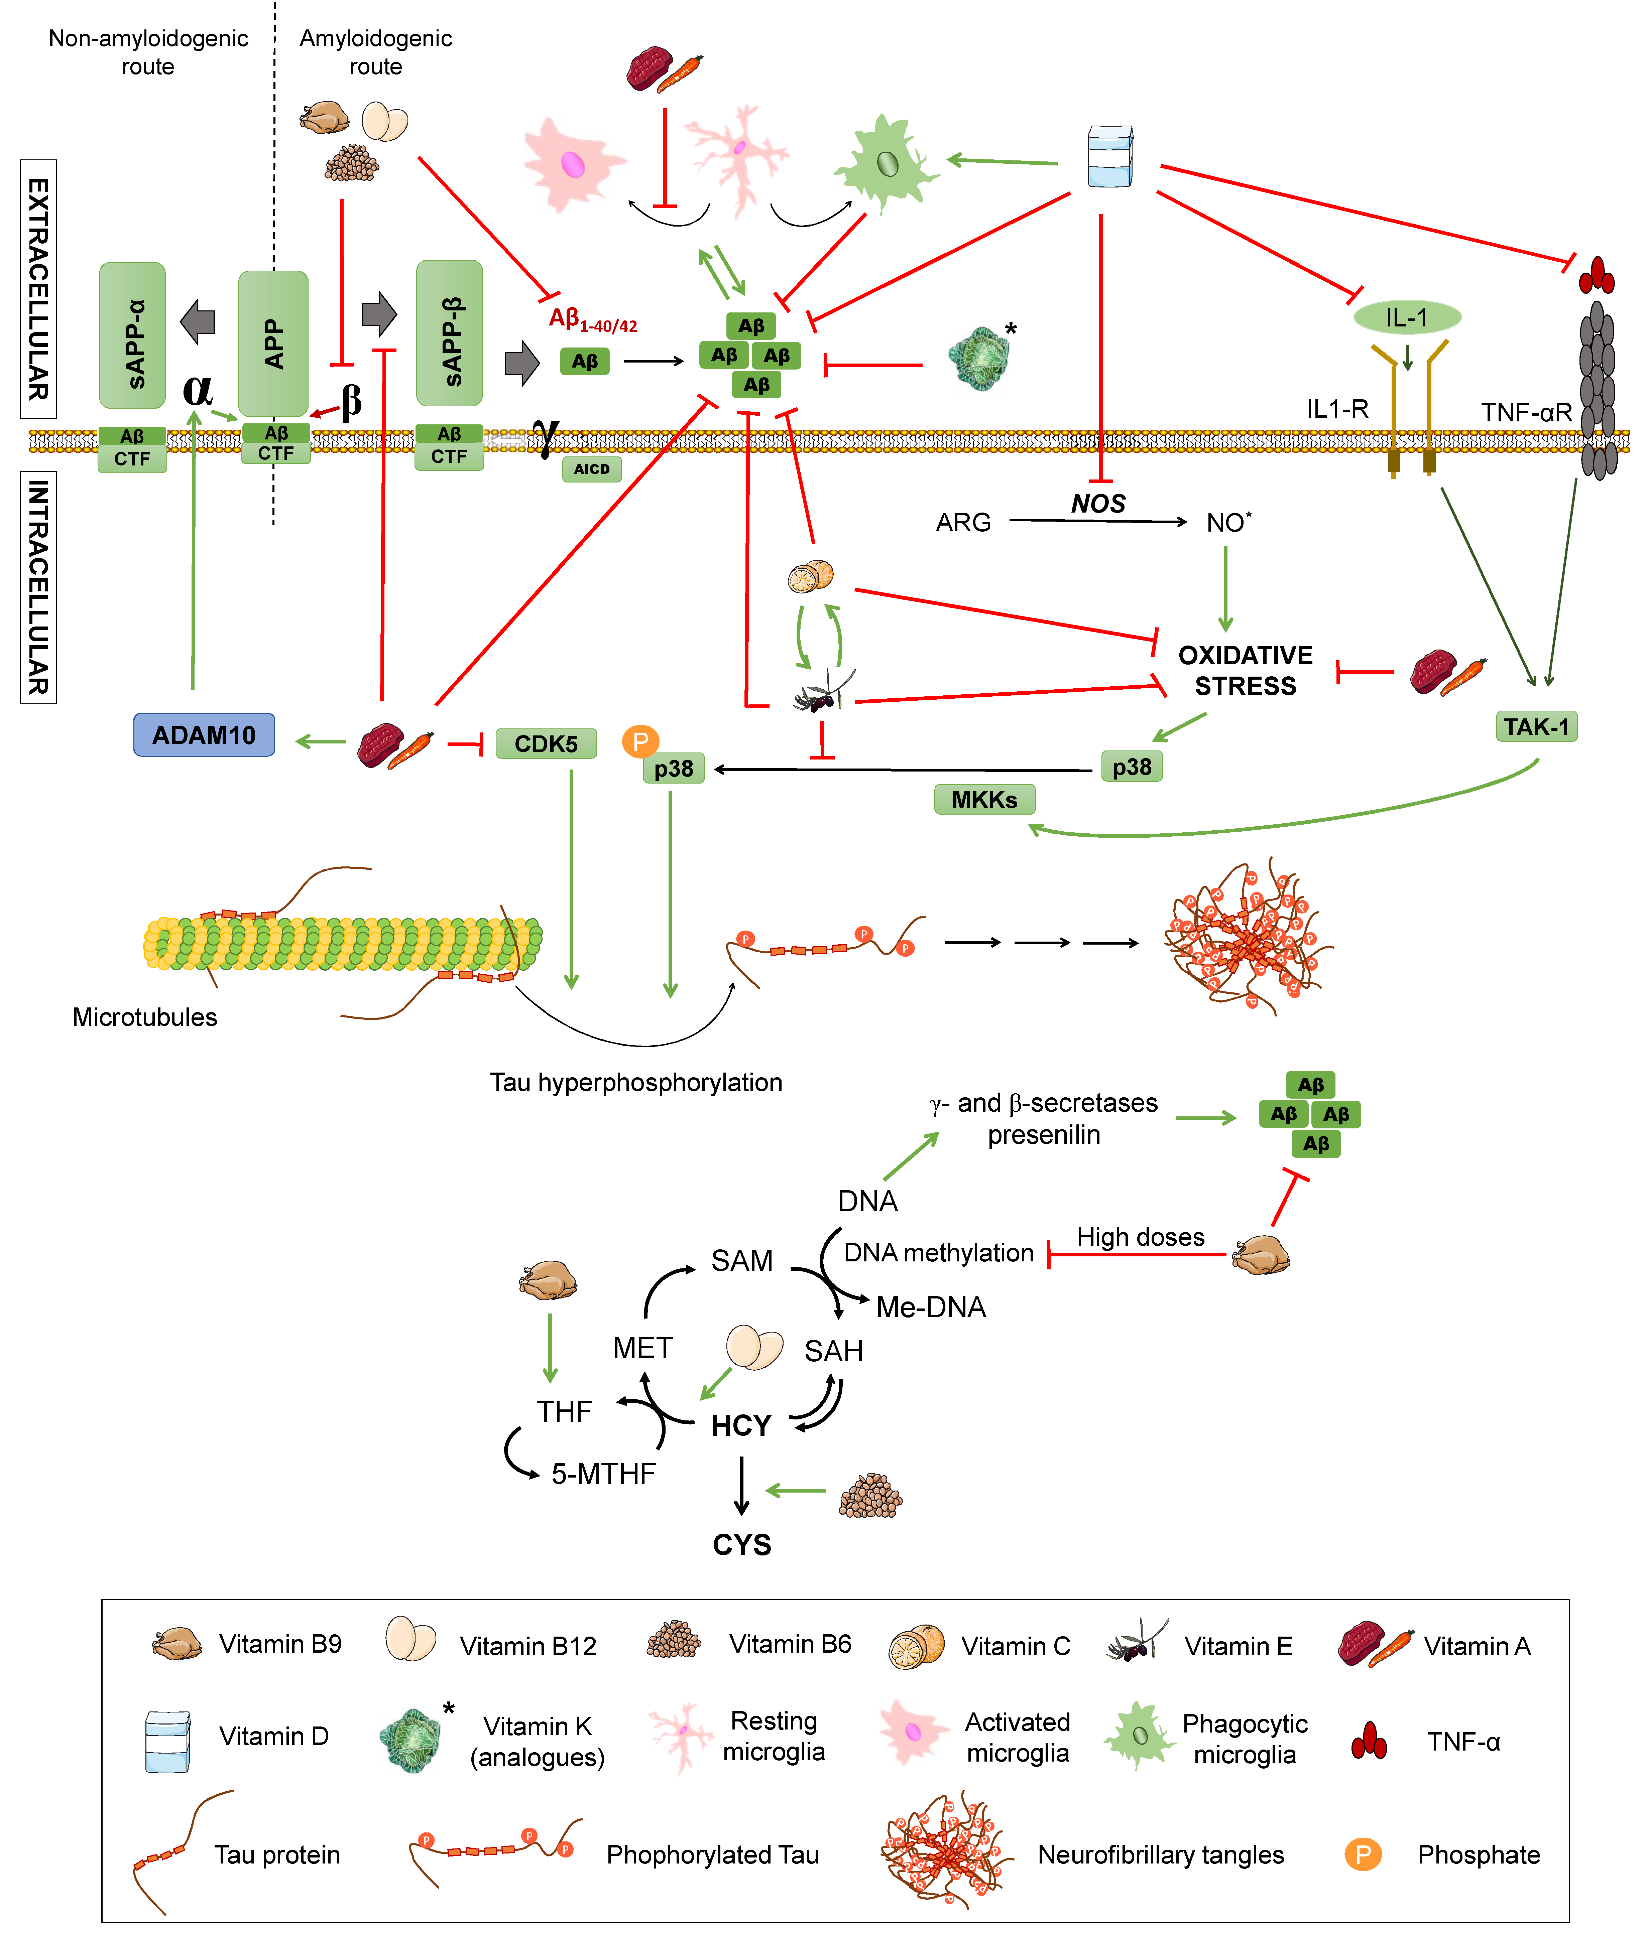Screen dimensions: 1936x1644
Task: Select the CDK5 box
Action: [546, 743]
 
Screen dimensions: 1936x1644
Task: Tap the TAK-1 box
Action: [1536, 727]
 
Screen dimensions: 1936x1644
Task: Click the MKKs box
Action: [984, 799]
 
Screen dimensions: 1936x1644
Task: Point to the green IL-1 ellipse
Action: [1406, 318]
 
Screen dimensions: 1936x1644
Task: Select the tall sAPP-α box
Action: [132, 335]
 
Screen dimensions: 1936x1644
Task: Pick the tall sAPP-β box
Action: [449, 333]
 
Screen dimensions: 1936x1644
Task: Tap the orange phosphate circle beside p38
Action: [640, 741]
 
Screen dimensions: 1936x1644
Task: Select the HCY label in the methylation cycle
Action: [741, 1425]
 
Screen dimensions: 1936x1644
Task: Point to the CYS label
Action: [742, 1545]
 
